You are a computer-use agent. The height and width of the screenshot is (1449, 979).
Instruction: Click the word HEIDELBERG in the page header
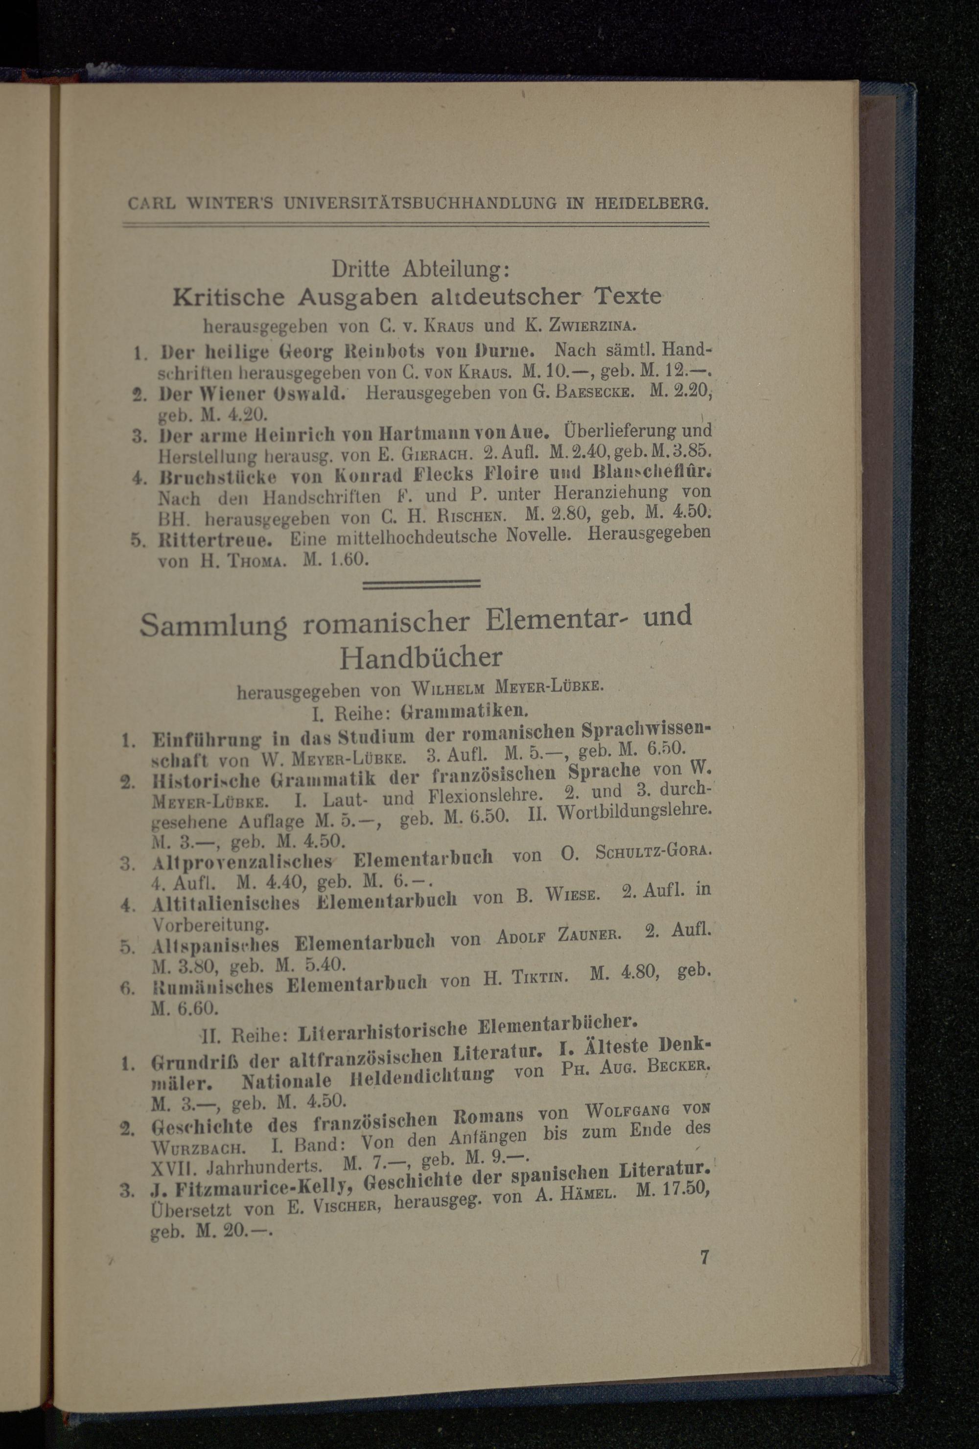651,203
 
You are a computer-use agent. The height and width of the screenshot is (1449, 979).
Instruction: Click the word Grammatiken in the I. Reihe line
465,709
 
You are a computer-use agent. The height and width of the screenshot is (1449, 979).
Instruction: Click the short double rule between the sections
421,584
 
